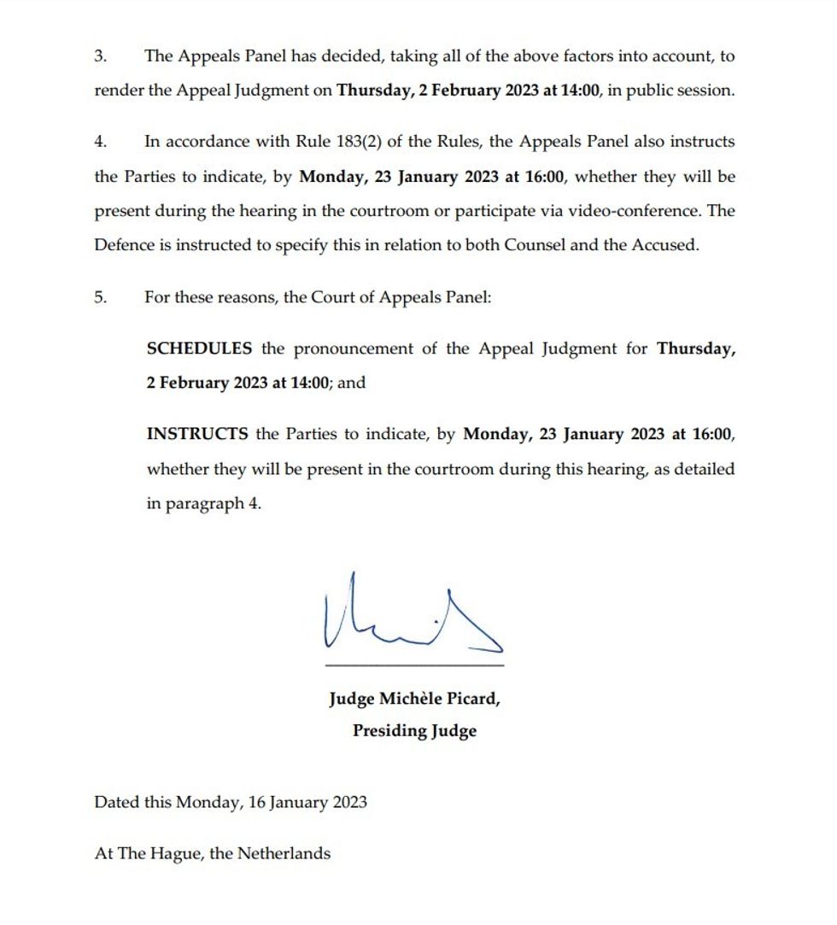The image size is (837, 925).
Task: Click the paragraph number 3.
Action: (99, 57)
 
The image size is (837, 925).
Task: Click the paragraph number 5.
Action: (100, 298)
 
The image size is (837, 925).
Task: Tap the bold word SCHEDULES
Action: (199, 348)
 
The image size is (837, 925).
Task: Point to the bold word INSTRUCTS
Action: (197, 434)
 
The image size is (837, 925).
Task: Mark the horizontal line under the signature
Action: (414, 664)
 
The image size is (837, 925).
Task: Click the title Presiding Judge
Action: (414, 731)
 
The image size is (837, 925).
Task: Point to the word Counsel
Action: (535, 245)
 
